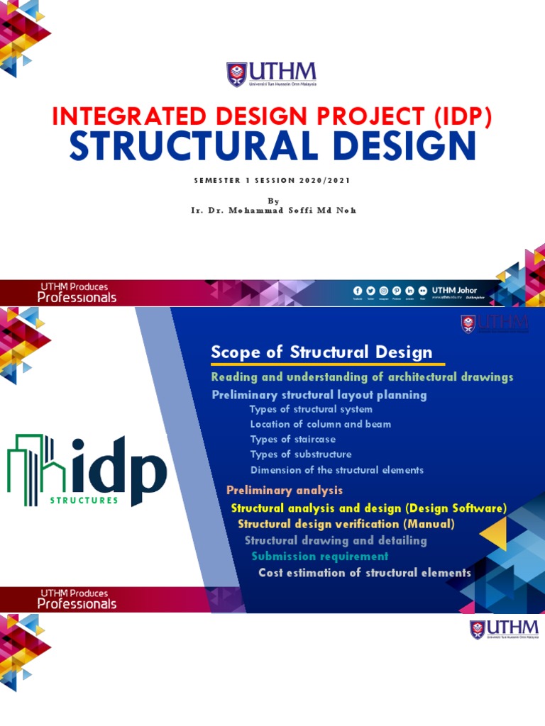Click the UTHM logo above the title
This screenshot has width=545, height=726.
(x=272, y=74)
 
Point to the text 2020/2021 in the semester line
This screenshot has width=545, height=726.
(x=319, y=180)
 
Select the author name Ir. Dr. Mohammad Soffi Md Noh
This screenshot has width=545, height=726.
(x=272, y=211)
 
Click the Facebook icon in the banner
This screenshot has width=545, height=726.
(x=357, y=291)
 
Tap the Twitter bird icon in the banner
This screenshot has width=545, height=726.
(x=370, y=291)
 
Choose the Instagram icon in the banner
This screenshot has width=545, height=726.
(x=384, y=291)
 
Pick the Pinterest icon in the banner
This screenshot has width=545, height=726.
(x=397, y=291)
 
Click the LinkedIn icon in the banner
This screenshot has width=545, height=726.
(x=410, y=291)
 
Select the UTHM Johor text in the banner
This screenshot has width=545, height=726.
(x=454, y=290)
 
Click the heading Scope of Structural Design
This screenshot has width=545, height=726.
(x=321, y=352)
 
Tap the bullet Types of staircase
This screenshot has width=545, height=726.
(x=293, y=440)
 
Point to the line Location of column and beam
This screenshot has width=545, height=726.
(x=321, y=424)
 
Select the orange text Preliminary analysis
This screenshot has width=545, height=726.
(x=285, y=490)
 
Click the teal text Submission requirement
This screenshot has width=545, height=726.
(x=320, y=557)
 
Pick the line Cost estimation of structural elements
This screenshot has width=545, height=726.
(x=365, y=572)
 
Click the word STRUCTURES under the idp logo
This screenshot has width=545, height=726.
(x=84, y=500)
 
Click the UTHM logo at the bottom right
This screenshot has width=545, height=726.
(x=504, y=629)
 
